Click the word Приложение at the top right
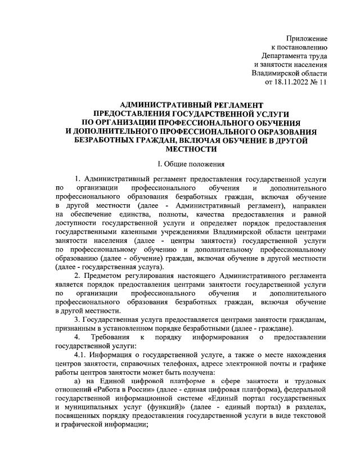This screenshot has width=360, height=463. tap(307, 38)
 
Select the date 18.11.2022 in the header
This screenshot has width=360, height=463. tap(292, 83)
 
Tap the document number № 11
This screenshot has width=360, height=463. tap(319, 83)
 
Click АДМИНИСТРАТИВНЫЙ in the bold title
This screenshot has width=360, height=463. tap(151, 105)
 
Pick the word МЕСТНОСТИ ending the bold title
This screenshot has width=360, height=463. tap(192, 150)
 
